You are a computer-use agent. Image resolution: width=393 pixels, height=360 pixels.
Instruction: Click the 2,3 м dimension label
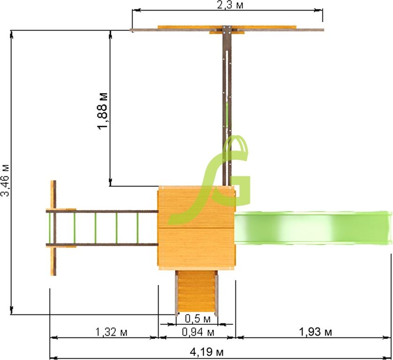(230, 5)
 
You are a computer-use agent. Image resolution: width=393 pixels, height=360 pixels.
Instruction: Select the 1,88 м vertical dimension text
(103, 111)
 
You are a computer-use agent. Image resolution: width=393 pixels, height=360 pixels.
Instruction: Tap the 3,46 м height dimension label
(5, 180)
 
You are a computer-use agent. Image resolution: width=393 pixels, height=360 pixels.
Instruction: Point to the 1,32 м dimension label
(111, 332)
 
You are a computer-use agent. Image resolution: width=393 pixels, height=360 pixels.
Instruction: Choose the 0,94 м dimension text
(198, 332)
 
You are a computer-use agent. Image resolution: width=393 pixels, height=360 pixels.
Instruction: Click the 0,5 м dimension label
(198, 318)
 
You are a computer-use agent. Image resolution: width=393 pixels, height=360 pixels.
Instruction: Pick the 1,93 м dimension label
(316, 332)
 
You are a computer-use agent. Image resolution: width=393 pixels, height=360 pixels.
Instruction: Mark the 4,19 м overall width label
(206, 352)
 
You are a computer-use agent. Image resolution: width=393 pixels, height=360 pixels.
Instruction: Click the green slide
(313, 228)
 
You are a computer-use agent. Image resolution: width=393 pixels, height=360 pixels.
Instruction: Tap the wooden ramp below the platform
(197, 292)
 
